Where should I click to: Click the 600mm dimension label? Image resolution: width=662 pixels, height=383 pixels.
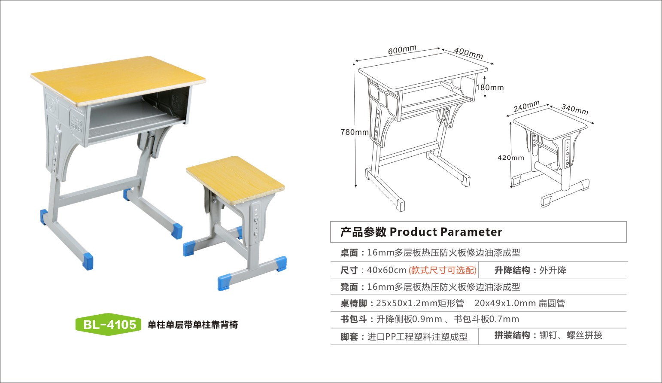[x=402, y=50]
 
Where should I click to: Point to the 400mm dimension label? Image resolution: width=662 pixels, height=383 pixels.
[x=468, y=53]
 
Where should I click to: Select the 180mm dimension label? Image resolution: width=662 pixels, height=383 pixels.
[x=490, y=88]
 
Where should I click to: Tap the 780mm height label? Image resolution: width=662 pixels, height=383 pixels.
[x=354, y=132]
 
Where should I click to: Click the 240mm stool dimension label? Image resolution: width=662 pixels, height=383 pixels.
[x=526, y=106]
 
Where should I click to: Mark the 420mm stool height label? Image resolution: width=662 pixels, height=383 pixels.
[x=510, y=158]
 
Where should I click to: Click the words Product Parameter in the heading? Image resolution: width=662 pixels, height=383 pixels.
[x=446, y=232]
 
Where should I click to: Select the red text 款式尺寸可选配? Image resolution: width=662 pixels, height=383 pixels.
[x=442, y=270]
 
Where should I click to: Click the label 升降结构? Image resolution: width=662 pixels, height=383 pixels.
[x=512, y=270]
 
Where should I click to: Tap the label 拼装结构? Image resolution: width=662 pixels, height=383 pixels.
[x=512, y=335]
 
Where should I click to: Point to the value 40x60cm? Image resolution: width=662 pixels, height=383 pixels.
[x=386, y=270]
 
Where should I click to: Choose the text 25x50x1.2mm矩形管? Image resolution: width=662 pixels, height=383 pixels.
[x=420, y=303]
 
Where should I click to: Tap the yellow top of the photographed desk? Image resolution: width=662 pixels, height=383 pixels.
[x=118, y=79]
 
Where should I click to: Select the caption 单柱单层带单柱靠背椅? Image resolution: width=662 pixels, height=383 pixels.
[x=193, y=325]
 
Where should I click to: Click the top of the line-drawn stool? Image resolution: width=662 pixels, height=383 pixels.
[x=550, y=123]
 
